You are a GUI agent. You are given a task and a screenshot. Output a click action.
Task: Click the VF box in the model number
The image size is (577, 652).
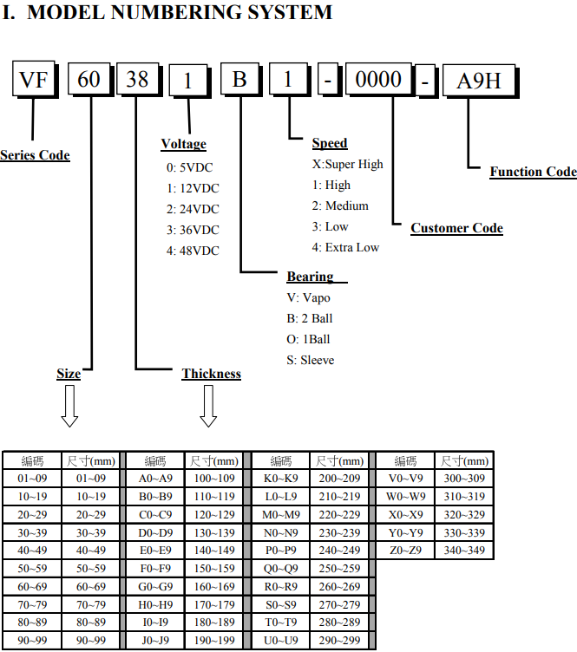point(32,81)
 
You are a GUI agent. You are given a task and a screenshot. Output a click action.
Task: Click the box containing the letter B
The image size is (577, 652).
point(240,81)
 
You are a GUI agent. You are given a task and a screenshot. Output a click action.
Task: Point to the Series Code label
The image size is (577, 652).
point(35,155)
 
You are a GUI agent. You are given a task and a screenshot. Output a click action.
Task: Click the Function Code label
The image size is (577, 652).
point(533,172)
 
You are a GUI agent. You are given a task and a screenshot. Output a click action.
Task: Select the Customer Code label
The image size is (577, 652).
point(456,228)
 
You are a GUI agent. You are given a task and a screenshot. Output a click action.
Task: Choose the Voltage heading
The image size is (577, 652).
point(184,144)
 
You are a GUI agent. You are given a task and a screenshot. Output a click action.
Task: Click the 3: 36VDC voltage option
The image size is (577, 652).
point(193,230)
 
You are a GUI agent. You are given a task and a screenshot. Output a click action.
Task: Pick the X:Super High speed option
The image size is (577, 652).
point(347,164)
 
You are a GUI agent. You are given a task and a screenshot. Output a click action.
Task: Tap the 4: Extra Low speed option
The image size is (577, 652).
point(345,247)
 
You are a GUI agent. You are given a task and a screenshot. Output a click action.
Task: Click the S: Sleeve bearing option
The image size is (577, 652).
point(311,360)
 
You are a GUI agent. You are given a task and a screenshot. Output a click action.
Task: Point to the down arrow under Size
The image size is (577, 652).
point(69,406)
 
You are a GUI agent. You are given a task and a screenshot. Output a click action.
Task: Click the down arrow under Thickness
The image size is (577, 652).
point(208,406)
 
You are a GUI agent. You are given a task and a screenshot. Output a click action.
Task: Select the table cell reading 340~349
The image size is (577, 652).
point(465,550)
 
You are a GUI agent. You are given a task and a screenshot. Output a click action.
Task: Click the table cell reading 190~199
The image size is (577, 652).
point(213,641)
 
